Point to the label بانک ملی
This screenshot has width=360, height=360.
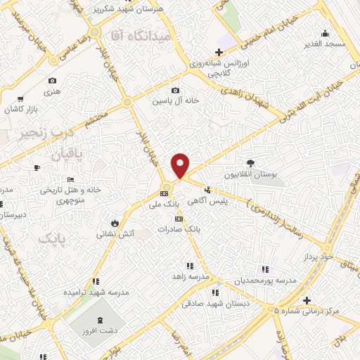pyautogui.click(x=167, y=204)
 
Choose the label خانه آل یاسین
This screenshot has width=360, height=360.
pyautogui.click(x=176, y=101)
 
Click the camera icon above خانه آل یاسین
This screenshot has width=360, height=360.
pyautogui.click(x=175, y=90)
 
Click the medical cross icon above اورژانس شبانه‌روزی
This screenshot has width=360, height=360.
pyautogui.click(x=219, y=51)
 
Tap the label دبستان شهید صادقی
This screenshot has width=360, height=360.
pyautogui.click(x=212, y=303)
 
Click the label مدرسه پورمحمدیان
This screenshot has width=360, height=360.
pyautogui.click(x=268, y=280)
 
